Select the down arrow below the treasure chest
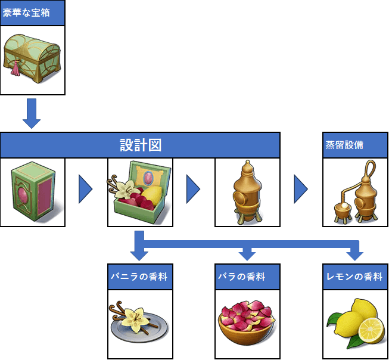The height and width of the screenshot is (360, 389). (32, 114)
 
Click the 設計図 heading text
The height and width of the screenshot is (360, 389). (140, 145)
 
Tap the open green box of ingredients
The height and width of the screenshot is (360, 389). (139, 192)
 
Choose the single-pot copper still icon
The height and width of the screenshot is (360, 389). (247, 192)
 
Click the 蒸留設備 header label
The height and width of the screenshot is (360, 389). (345, 145)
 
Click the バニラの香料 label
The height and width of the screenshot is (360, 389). (139, 277)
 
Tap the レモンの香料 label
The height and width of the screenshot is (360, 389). (355, 277)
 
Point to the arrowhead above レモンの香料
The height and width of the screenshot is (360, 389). (355, 255)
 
